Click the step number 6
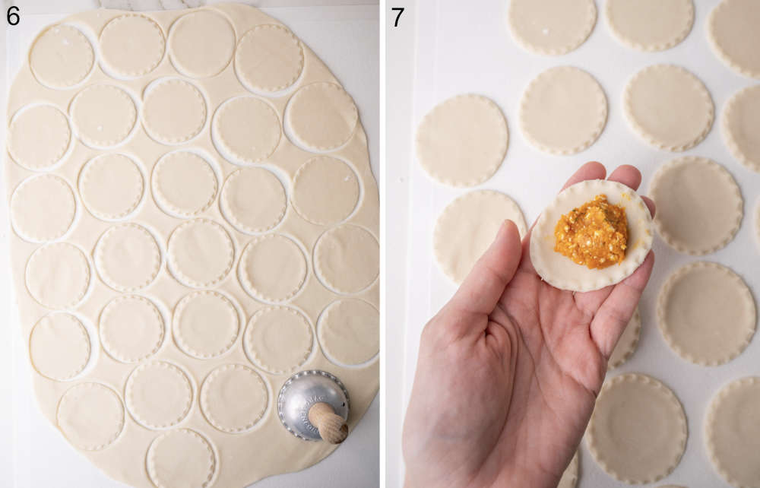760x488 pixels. click(x=12, y=14)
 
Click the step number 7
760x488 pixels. click(x=398, y=16)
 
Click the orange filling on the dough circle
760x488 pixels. click(x=591, y=232)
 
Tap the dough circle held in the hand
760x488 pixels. click(x=591, y=236)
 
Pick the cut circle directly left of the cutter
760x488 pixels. click(x=234, y=398)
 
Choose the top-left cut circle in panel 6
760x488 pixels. click(x=61, y=55)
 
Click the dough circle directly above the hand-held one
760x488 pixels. click(x=563, y=110)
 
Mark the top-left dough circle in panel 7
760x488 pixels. click(x=552, y=24)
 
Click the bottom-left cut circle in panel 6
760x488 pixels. click(x=90, y=416)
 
